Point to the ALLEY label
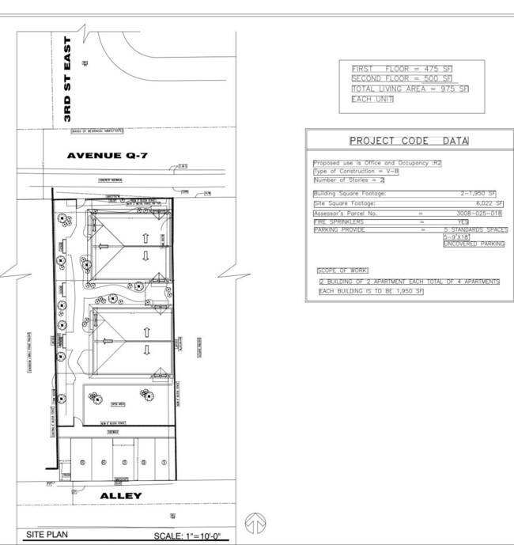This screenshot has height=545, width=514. pos(121,496)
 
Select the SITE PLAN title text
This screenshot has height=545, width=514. pos(48,535)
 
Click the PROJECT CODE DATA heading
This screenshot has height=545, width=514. pos(409,141)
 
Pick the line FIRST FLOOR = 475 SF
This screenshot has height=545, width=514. pos(401,69)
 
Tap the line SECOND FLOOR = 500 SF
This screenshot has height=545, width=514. pos(402,79)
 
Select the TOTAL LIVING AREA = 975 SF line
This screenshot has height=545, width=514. pos(410,89)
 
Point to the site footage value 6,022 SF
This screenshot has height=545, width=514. pos(488,203)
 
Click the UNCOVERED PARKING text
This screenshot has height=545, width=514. pos(473,244)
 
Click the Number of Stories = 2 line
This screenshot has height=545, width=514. pos(349,180)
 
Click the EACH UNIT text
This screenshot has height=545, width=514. pos(372,100)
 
